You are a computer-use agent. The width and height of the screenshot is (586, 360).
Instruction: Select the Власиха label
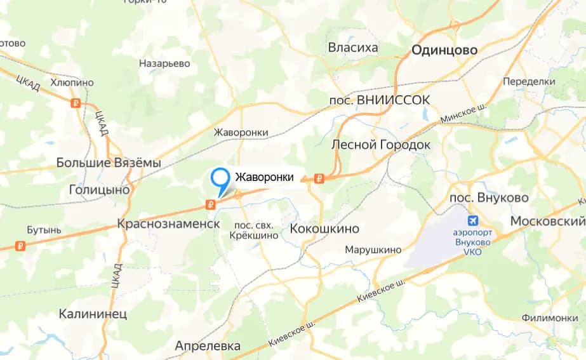pos(353,48)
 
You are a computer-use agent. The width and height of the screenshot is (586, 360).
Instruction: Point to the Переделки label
pos(529,82)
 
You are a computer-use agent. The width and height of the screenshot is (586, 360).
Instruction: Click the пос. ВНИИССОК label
pos(380,100)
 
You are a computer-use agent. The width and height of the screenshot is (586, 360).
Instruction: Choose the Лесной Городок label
pos(381,145)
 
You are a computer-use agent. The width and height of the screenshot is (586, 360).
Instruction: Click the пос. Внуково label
pos(489,198)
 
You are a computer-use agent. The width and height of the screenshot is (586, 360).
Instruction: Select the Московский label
pos(547,222)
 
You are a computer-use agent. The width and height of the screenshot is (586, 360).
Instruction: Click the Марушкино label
pos(373,250)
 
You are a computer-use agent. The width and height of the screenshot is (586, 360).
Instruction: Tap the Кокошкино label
pos(324,229)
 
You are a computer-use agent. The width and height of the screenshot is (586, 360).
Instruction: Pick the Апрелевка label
pos(208,346)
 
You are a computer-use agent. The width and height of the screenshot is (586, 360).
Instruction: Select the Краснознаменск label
pos(168,225)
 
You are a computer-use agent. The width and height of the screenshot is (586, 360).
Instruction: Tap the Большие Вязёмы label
pos(109,163)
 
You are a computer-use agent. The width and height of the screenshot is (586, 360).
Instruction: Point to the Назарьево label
pos(164,63)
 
